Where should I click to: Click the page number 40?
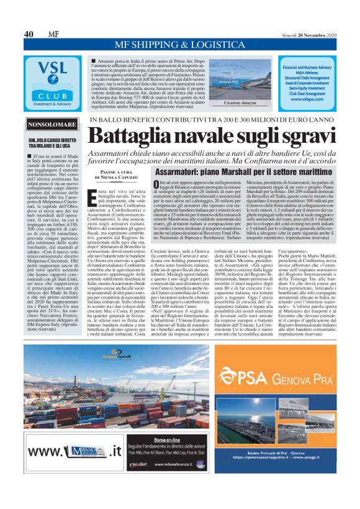(29, 34)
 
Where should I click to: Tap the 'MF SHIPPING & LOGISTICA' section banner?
(180, 45)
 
